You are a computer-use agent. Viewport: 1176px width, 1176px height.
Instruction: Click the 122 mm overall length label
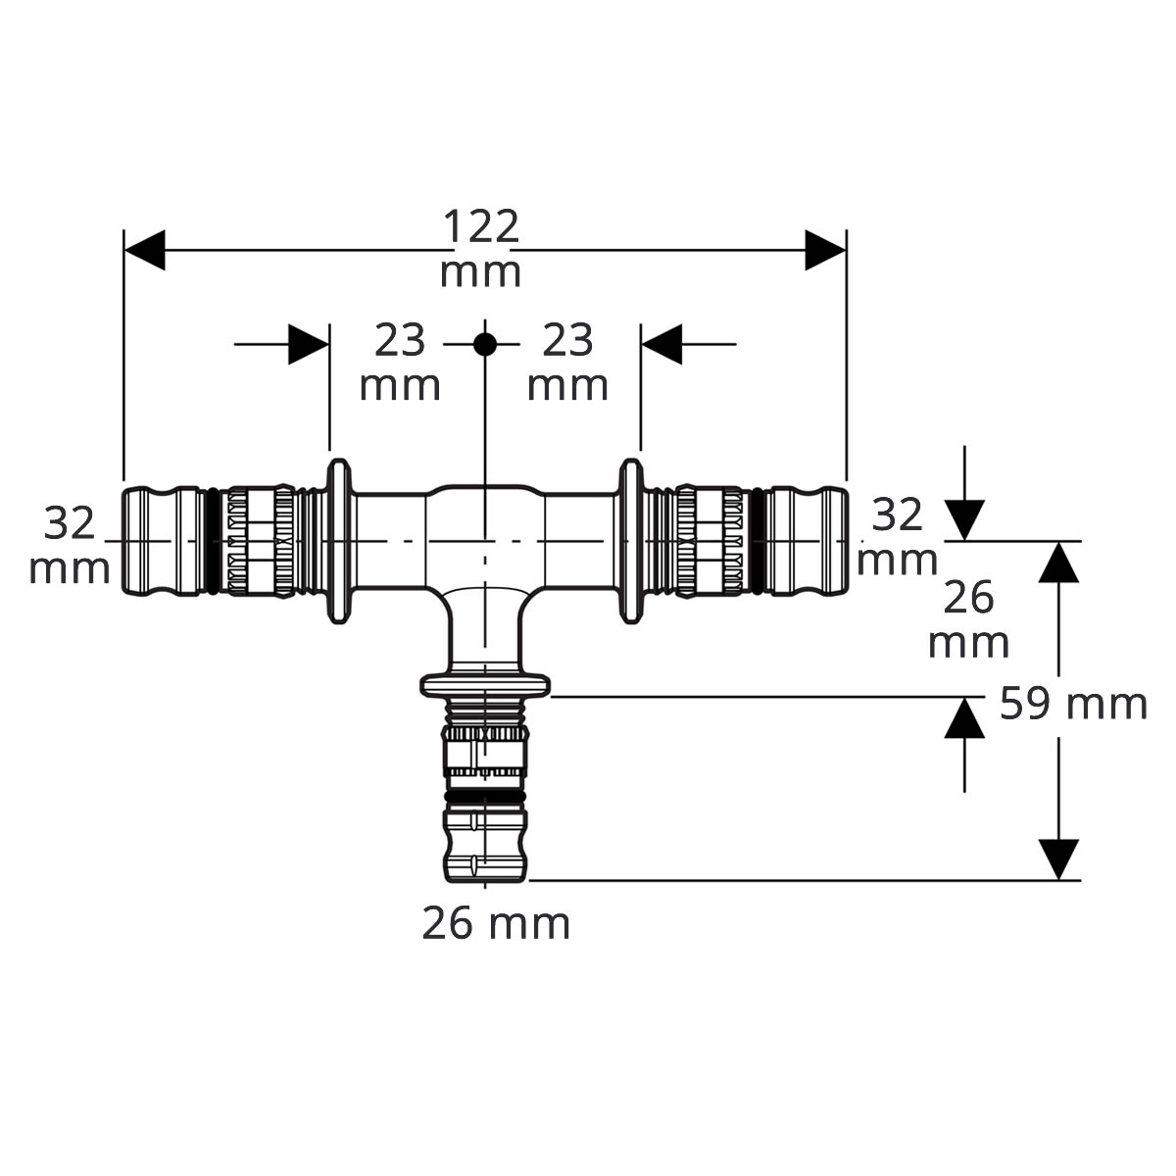click(480, 247)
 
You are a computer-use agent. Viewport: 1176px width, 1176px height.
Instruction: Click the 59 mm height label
click(1073, 704)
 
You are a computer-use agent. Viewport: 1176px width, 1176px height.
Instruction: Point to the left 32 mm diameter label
click(70, 545)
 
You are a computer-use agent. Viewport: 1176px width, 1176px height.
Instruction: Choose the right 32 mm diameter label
click(897, 536)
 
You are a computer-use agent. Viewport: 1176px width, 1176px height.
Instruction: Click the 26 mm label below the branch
click(496, 923)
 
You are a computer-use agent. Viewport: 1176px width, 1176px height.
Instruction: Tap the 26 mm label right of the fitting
click(968, 619)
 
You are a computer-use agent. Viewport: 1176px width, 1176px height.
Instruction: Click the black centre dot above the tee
click(485, 345)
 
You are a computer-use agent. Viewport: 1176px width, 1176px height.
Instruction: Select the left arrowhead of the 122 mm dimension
click(145, 250)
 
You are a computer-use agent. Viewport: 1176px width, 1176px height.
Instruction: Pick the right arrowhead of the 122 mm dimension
click(826, 250)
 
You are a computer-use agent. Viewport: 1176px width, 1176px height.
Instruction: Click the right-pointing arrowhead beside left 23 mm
click(309, 345)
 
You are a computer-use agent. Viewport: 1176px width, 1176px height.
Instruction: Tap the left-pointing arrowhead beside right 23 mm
click(661, 345)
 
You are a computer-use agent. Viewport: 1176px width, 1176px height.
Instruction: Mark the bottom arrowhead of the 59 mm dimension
click(1058, 859)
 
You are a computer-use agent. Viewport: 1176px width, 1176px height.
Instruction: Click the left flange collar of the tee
click(339, 541)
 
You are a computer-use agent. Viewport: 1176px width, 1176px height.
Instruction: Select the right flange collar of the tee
click(631, 541)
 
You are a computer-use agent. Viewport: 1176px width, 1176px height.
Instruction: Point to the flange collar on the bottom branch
click(485, 685)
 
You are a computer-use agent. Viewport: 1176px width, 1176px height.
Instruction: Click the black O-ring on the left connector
click(213, 541)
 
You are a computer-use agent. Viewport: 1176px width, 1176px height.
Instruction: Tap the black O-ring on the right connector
click(758, 541)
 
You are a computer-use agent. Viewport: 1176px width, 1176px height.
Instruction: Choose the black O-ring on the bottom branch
click(485, 798)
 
